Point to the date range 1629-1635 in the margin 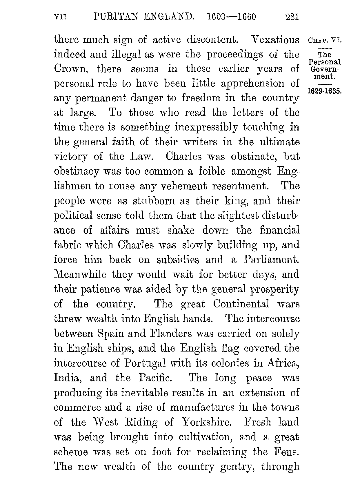(x=325, y=91)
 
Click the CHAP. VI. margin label (x=325, y=40)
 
